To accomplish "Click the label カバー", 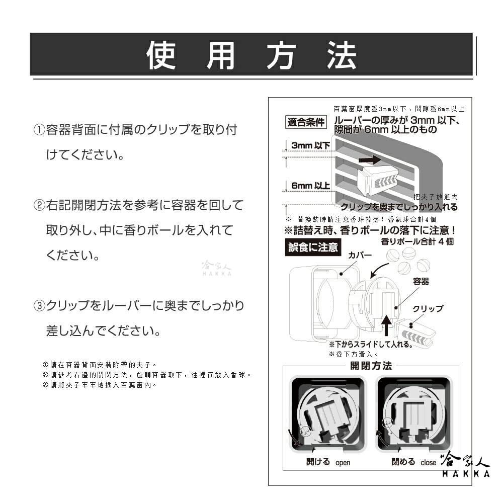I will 360,256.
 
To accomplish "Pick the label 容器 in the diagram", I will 421,282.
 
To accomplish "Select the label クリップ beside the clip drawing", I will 428,308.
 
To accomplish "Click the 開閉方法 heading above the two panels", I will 371,366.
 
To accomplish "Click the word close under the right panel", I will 429,463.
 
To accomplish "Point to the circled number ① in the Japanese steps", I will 39,130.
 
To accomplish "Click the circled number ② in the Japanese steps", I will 39,205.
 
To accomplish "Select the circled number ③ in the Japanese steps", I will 39,306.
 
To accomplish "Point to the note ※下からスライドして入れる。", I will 371,345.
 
